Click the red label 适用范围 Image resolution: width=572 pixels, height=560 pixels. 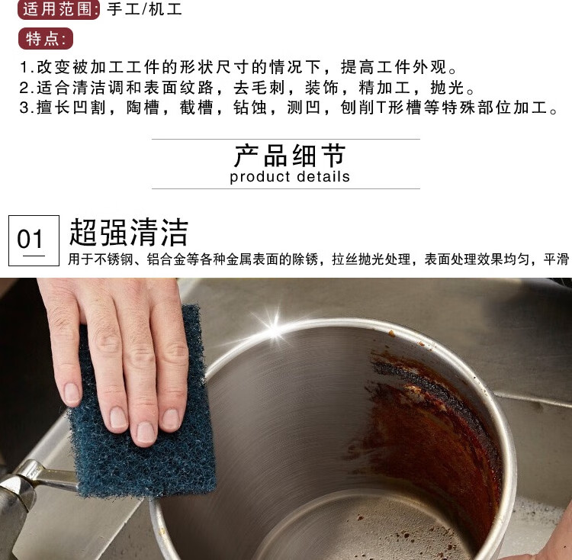[x=59, y=9]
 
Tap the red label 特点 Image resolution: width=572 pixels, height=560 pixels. [x=46, y=39]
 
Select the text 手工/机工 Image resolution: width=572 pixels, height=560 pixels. [x=144, y=8]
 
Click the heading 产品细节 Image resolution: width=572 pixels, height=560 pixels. [x=289, y=156]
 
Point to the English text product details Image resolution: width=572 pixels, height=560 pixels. [x=290, y=176]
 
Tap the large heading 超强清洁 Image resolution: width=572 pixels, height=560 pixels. [x=129, y=233]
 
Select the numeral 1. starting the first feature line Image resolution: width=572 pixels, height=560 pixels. [x=27, y=67]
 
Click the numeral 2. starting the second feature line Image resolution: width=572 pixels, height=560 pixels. [x=27, y=88]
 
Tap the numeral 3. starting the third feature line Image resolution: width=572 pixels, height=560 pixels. [x=27, y=108]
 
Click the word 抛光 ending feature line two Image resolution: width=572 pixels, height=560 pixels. [x=447, y=88]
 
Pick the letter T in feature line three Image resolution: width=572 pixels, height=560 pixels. [x=381, y=108]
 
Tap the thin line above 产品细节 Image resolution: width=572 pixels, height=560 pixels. [x=286, y=139]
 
